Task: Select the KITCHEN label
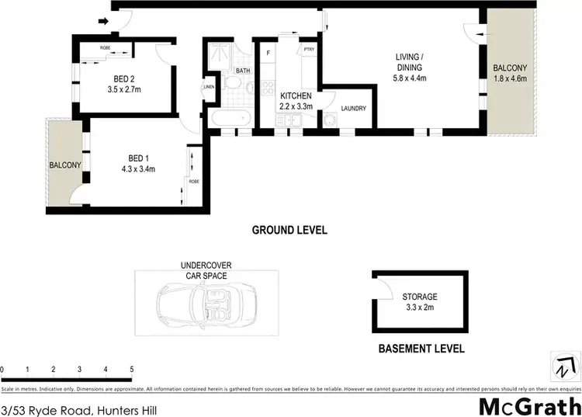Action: (x=296, y=96)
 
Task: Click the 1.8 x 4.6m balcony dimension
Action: (x=510, y=78)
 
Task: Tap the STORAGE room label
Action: (x=419, y=297)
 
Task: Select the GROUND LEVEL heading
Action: (x=289, y=230)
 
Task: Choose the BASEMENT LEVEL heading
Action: (x=421, y=349)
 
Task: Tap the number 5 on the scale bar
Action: (x=132, y=370)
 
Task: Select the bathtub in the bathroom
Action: (x=229, y=119)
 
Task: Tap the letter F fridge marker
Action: (x=268, y=53)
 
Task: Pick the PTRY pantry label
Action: (x=309, y=51)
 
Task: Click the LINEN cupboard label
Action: (x=208, y=86)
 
